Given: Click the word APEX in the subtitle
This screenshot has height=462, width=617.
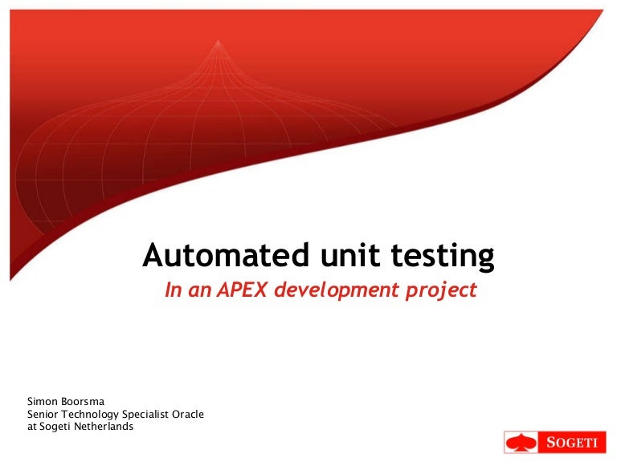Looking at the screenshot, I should click(x=242, y=290).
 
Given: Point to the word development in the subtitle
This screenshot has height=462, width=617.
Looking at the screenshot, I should click(x=331, y=290).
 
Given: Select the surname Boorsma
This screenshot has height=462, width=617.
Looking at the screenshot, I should click(x=86, y=401).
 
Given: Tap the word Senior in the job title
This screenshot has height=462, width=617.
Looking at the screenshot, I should click(x=44, y=414).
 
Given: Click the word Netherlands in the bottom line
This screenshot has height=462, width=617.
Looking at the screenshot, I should click(x=104, y=427).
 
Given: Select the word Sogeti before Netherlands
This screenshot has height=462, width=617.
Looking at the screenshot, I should click(x=56, y=427).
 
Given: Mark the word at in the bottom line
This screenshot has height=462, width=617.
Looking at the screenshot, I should click(x=32, y=427).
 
